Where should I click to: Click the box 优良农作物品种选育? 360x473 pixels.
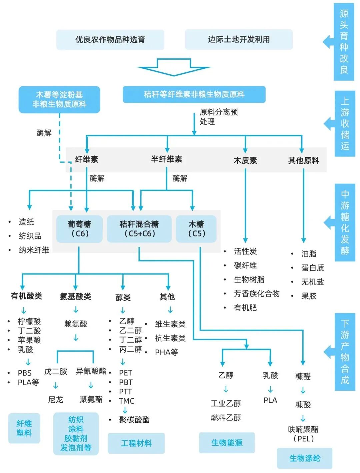[x=110, y=40]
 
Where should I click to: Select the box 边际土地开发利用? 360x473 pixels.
[x=239, y=39]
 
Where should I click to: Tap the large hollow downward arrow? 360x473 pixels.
[x=174, y=67]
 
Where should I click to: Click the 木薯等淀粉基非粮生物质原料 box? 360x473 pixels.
[x=59, y=99]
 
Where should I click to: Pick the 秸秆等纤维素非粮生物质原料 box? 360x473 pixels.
[x=194, y=94]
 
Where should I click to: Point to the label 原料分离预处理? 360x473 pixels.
[x=218, y=117]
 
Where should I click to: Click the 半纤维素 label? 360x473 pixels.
[x=167, y=159]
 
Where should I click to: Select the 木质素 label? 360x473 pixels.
[x=245, y=161]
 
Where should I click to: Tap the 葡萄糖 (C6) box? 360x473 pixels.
[x=79, y=229]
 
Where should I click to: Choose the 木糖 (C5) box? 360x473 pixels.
[x=196, y=229]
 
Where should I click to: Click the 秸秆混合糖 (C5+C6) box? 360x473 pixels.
[x=139, y=229]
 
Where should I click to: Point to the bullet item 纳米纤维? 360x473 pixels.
[x=34, y=250]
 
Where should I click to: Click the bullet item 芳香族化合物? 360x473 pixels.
[x=257, y=294]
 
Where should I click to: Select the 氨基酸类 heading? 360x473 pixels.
[x=75, y=297]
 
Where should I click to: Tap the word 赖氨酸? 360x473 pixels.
[x=76, y=324]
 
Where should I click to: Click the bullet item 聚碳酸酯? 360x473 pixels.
[x=134, y=420]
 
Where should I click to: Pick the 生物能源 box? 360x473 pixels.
[x=227, y=443]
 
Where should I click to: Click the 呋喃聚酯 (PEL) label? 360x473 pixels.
[x=303, y=434]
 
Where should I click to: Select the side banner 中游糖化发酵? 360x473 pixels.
[x=345, y=222]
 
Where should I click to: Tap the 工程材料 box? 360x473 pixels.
[x=136, y=443]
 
